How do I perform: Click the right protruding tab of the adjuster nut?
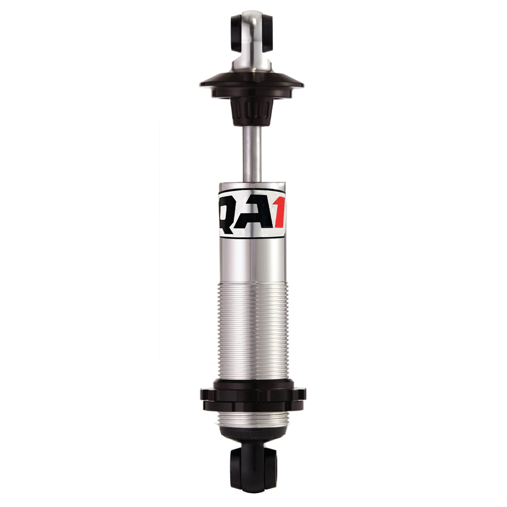click(x=302, y=395)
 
